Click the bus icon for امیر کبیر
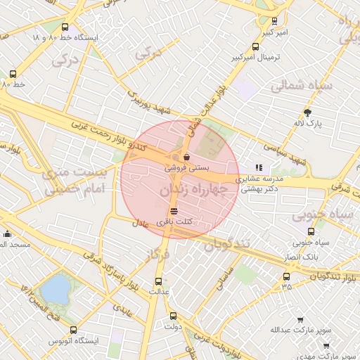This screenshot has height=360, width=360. [x=274, y=20]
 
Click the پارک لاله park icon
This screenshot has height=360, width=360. [x=307, y=112]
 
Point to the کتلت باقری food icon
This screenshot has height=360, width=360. [x=174, y=211]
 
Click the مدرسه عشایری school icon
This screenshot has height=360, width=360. [x=259, y=167]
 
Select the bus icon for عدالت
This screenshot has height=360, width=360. [x=157, y=280]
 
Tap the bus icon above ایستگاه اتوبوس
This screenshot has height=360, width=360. [x=75, y=329]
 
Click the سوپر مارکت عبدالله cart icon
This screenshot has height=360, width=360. [x=300, y=319]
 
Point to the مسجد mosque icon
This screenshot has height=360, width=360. [x=8, y=234]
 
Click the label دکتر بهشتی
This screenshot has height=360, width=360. [x=262, y=188]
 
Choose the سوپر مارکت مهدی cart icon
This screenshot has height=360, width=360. [x=326, y=346]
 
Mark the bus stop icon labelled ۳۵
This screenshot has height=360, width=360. [x=286, y=276]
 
